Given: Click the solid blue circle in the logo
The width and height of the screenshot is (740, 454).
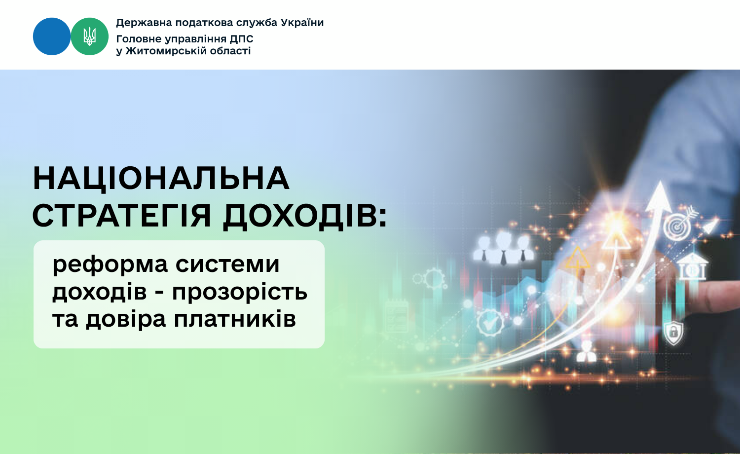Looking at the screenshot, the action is pyautogui.click(x=52, y=37).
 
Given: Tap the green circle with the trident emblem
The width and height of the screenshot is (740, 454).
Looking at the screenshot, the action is pyautogui.click(x=89, y=37).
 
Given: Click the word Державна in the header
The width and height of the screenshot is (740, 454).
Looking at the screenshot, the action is pyautogui.click(x=144, y=23).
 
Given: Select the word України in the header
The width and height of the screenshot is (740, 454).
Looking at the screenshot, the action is pyautogui.click(x=302, y=23).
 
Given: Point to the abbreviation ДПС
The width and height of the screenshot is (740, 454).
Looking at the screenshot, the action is pyautogui.click(x=242, y=39).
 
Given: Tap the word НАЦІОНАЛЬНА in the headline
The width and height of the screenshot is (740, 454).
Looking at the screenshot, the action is pyautogui.click(x=161, y=179).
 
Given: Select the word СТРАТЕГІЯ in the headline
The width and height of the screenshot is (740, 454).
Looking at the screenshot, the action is pyautogui.click(x=121, y=216).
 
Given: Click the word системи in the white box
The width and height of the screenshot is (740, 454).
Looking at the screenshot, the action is pyautogui.click(x=227, y=265).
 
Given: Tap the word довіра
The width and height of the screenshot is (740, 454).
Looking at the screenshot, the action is pyautogui.click(x=126, y=319).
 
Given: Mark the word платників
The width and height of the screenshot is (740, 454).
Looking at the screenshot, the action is pyautogui.click(x=235, y=319).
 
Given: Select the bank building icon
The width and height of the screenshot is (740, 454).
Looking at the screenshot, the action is pyautogui.click(x=692, y=266).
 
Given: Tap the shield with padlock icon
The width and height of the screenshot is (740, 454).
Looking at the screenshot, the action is pyautogui.click(x=673, y=333).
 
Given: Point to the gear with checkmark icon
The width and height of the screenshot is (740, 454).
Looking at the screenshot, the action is pyautogui.click(x=490, y=323).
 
